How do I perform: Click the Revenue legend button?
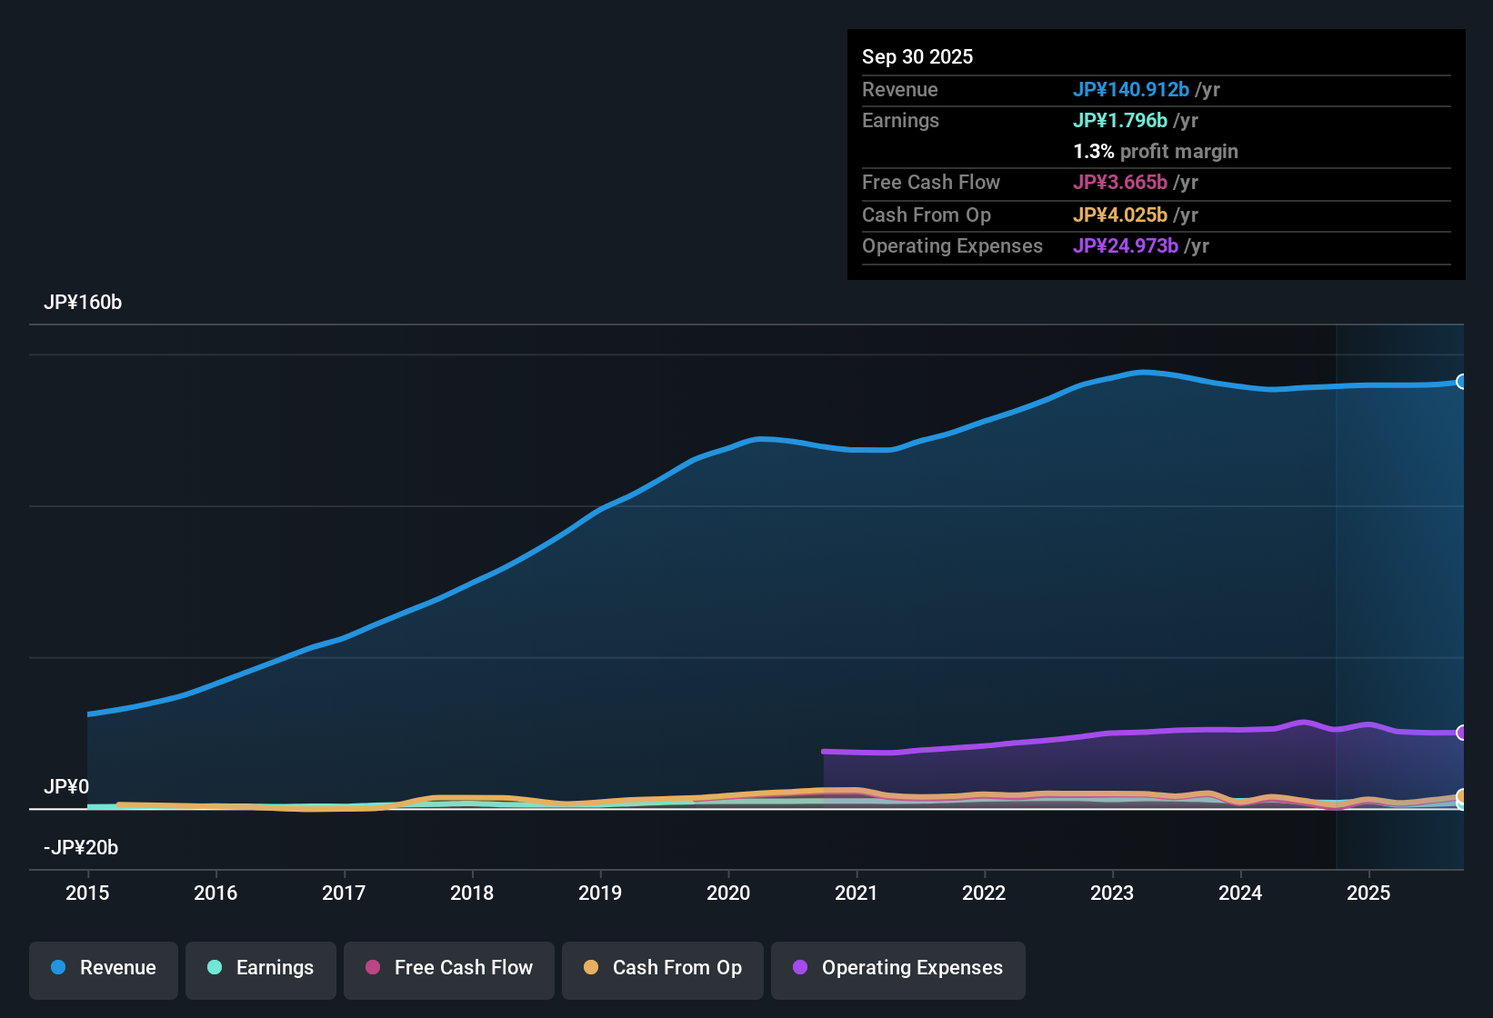(x=104, y=968)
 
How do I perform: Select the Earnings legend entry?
(x=261, y=968)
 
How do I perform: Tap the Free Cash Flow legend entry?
(x=449, y=968)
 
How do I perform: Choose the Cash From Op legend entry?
(x=663, y=968)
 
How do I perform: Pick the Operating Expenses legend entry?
(x=898, y=968)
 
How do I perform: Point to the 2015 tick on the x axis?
(x=87, y=893)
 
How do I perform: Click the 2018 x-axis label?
(x=472, y=893)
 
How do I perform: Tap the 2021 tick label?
(x=856, y=893)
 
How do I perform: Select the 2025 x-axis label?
(x=1368, y=893)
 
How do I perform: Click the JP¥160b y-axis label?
(x=83, y=303)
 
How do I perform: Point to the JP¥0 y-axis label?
(x=66, y=787)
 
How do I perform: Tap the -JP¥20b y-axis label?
(x=81, y=848)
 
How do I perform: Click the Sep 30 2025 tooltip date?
(x=917, y=56)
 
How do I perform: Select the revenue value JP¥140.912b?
(x=1130, y=89)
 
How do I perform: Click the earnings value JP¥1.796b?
(x=1119, y=120)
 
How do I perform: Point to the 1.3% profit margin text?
(x=1156, y=151)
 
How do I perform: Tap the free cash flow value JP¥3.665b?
(x=1119, y=182)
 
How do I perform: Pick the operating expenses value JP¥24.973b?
(x=1125, y=245)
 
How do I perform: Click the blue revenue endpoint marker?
(x=1462, y=382)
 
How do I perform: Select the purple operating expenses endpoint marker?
(x=1462, y=733)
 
